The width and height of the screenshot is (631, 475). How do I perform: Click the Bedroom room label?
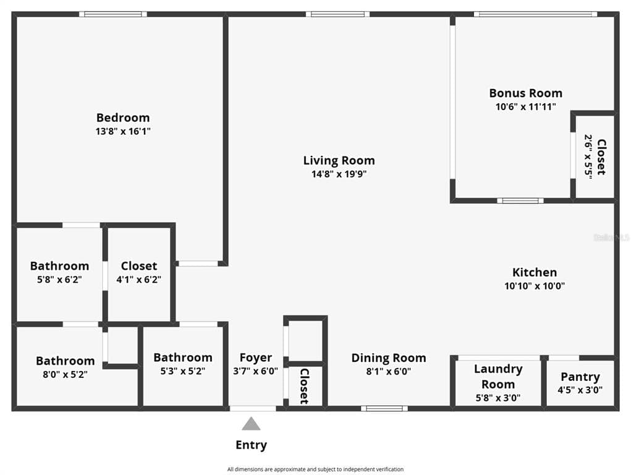[x=123, y=118]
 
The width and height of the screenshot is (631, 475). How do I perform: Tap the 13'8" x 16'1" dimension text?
[x=123, y=131]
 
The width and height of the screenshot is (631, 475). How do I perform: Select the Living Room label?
[x=339, y=161]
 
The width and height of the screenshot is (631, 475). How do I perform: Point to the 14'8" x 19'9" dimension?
[x=339, y=174]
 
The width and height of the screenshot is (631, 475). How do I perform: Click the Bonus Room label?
[x=525, y=93]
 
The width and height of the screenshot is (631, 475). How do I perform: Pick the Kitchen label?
[x=535, y=272]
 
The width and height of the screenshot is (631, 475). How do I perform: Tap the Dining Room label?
[x=388, y=358]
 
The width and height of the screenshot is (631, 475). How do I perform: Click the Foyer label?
[x=255, y=357]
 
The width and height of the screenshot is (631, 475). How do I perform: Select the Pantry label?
[x=580, y=377]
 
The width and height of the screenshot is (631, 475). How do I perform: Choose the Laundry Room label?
[x=498, y=376]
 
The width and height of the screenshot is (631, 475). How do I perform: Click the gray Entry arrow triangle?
[x=251, y=424]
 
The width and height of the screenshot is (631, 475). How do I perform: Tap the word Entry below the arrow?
[x=251, y=445]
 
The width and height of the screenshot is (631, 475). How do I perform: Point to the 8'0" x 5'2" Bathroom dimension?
[x=65, y=374]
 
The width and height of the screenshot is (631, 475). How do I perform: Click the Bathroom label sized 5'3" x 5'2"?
[x=183, y=357]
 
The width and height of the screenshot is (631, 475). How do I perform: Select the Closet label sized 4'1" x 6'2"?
[x=139, y=266]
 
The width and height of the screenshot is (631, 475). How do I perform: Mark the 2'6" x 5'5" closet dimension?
[x=588, y=156]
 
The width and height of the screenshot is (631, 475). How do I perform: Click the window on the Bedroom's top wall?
[x=113, y=14]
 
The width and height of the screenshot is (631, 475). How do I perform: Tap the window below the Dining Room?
[x=384, y=409]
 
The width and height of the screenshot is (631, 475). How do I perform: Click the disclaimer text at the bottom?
[x=315, y=469]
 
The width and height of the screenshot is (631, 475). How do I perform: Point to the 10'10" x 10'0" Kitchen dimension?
[x=535, y=286]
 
